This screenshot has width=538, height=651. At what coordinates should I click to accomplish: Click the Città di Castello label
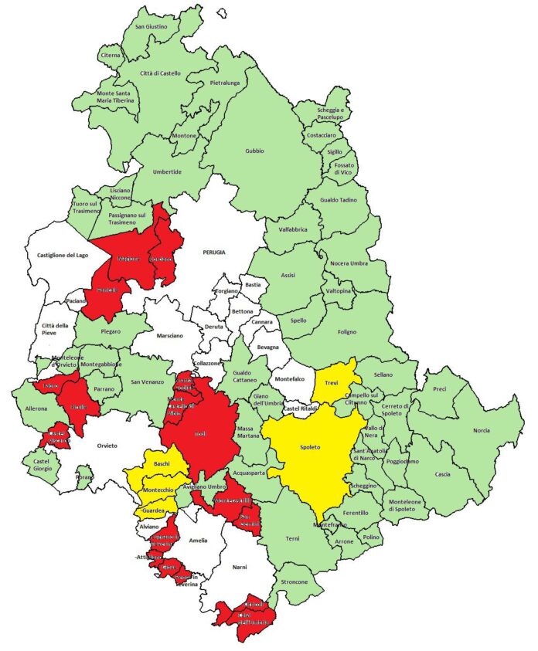(160, 73)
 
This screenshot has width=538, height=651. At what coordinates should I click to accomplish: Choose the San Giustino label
(151, 26)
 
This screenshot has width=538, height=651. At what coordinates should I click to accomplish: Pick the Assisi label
(288, 275)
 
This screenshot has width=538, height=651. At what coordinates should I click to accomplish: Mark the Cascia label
(443, 474)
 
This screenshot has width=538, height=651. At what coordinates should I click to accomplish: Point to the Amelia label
(198, 540)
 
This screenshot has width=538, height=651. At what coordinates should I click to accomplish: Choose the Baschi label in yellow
(162, 463)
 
